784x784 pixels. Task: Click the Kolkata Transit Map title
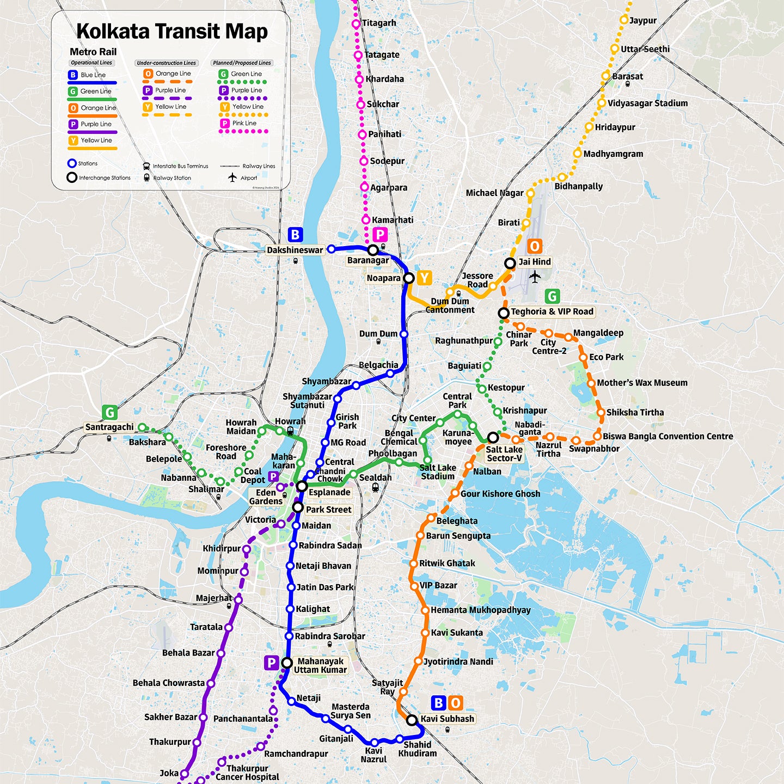171,32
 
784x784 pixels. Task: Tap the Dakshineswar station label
295,250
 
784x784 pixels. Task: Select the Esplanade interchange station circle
302,486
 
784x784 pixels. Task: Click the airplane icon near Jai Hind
535,277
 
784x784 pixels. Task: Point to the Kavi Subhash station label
447,719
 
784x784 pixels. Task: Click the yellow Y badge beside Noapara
424,278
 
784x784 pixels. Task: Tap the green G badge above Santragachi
109,413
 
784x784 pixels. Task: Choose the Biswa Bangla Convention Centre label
667,436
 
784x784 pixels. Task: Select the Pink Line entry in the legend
243,124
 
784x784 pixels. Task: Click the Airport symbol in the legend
233,177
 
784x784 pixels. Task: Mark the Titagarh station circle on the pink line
356,23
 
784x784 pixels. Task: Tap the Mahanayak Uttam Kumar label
320,665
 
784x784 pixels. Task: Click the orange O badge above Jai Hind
535,247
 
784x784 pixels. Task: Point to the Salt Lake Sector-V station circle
493,437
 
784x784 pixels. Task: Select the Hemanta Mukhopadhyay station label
480,610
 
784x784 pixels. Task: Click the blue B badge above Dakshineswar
295,235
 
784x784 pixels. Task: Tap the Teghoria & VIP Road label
552,311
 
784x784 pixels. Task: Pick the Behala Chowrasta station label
169,683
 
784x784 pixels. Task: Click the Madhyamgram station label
613,154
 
